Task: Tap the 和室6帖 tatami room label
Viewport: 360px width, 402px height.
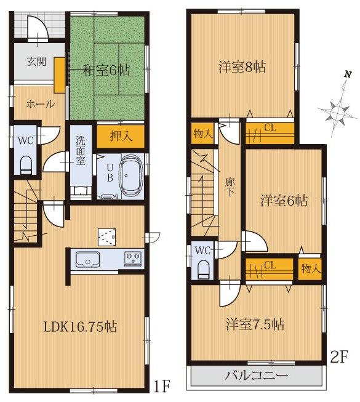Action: click(x=106, y=71)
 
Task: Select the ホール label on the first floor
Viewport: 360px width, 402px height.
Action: click(x=40, y=104)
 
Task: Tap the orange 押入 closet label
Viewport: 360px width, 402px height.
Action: click(x=112, y=136)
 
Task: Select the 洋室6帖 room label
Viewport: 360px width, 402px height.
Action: click(x=283, y=200)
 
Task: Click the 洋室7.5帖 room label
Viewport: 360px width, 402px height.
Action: click(x=254, y=323)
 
